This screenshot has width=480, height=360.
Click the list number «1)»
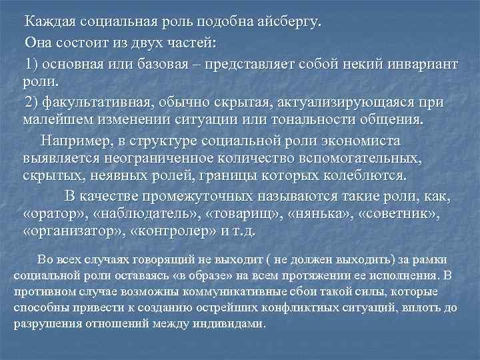tap(33, 65)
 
